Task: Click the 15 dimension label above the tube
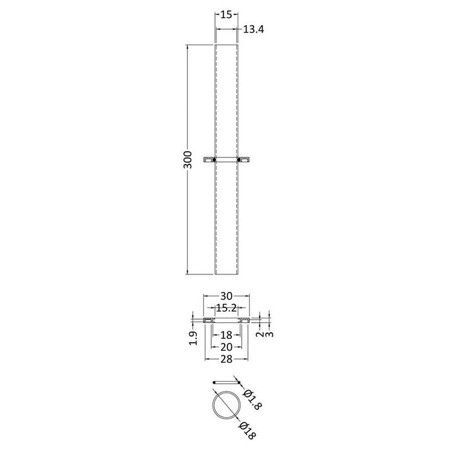point(226,14)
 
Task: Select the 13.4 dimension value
point(254,30)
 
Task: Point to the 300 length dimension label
point(187,159)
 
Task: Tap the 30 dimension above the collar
point(226,296)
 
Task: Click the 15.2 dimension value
point(226,308)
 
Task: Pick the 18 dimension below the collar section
point(226,335)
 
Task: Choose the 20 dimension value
point(226,347)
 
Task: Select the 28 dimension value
point(226,359)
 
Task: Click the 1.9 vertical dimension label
point(193,338)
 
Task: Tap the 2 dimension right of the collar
point(260,334)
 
